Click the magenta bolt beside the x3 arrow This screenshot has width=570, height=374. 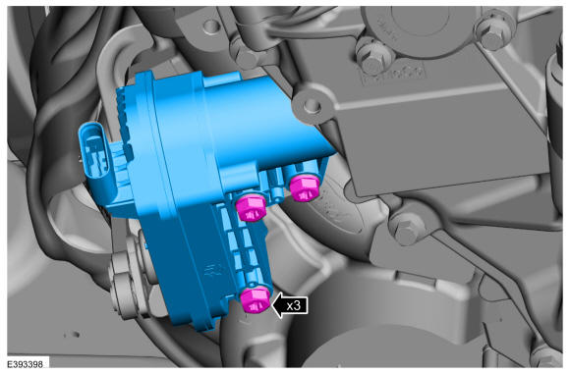(x=256, y=299)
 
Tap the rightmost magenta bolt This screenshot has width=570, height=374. (x=305, y=187)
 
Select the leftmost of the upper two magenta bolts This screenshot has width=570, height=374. (x=251, y=208)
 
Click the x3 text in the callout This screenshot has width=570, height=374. (x=294, y=305)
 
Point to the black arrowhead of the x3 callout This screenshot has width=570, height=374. (x=279, y=305)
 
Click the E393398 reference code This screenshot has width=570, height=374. (x=25, y=364)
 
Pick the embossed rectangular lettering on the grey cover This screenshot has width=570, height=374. (x=392, y=75)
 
